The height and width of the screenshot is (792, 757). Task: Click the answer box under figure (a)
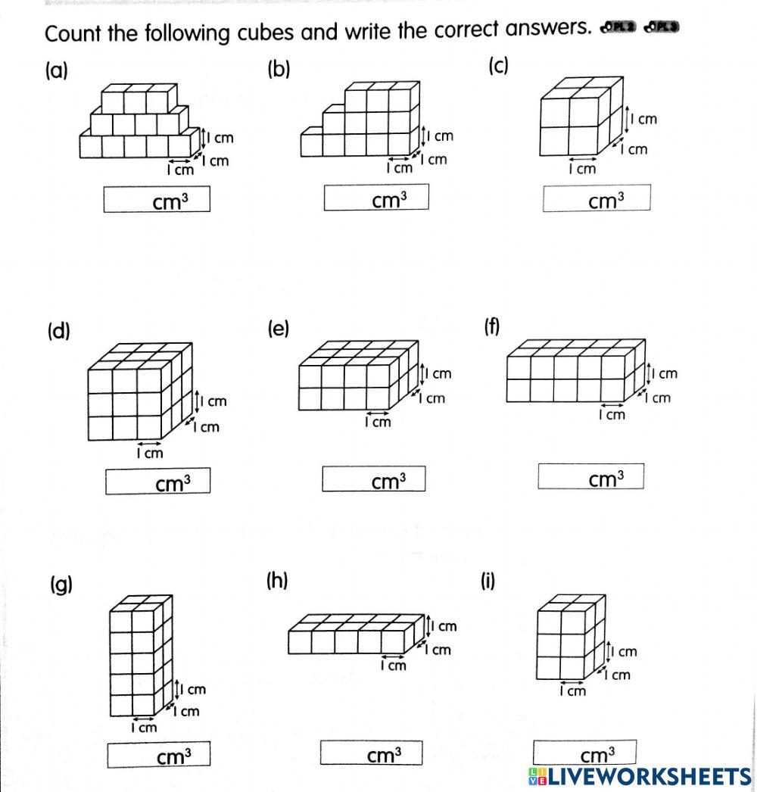click(157, 199)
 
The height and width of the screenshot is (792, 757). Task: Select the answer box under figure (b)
click(376, 198)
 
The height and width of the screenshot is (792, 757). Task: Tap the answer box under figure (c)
click(596, 199)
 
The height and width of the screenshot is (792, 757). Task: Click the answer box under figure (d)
click(157, 482)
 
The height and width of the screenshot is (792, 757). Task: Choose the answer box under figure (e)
click(374, 479)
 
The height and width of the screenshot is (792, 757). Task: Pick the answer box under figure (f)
click(590, 477)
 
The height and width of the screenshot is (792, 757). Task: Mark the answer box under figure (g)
click(158, 754)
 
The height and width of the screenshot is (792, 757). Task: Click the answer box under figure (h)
click(371, 753)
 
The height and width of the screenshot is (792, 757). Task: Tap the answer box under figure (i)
click(584, 753)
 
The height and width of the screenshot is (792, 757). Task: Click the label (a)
click(57, 71)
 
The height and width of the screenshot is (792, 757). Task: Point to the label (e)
click(278, 329)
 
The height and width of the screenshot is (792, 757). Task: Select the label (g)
click(61, 585)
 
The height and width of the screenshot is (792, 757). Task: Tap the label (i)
click(488, 581)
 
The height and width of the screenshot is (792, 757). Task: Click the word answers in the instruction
click(541, 29)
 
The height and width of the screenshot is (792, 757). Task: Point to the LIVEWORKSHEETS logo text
click(640, 776)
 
